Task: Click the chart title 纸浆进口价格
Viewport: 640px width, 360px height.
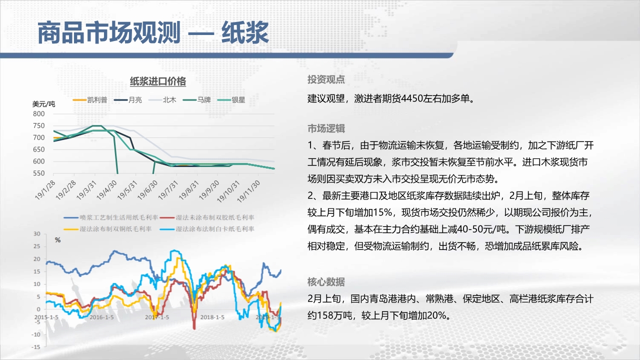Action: [x=158, y=81]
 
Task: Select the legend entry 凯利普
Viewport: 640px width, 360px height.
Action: [x=90, y=99]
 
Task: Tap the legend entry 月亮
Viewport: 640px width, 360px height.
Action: [x=128, y=99]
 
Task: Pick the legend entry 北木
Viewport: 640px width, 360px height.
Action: [x=162, y=99]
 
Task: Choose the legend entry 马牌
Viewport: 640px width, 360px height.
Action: [x=197, y=99]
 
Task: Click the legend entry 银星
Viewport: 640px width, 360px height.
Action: [x=231, y=99]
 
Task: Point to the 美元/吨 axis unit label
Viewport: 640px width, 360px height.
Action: [x=43, y=104]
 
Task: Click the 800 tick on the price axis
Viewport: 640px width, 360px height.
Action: [x=39, y=113]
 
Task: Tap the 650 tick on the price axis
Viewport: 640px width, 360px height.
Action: [x=39, y=149]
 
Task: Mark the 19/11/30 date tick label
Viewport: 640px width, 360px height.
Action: [x=248, y=191]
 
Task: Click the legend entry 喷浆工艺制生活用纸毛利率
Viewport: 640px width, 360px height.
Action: [x=111, y=217]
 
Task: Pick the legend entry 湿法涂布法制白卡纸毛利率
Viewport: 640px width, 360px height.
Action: [x=207, y=229]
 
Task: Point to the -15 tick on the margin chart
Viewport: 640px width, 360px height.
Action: [x=36, y=347]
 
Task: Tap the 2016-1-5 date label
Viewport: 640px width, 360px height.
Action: [x=101, y=317]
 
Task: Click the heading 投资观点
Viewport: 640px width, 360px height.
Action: [x=326, y=79]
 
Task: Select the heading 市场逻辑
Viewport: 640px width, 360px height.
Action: [x=326, y=128]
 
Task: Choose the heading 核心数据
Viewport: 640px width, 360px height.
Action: [x=326, y=282]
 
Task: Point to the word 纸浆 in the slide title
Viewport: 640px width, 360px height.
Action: [x=245, y=32]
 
